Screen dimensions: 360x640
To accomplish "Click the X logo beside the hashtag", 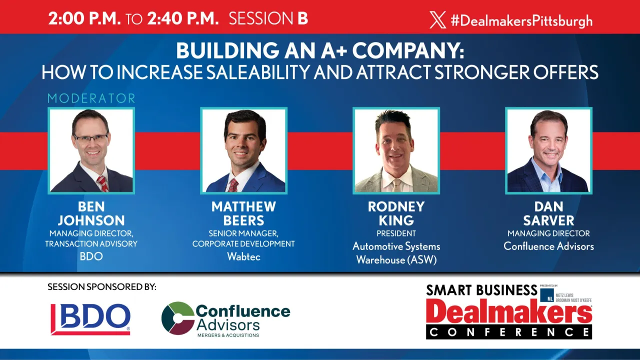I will click(437, 20).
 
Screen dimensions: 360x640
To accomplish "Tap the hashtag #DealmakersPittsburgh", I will click(521, 20).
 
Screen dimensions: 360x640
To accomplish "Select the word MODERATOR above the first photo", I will click(91, 98).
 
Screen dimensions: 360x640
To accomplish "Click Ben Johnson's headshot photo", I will click(91, 150).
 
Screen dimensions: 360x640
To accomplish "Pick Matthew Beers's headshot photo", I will click(243, 150).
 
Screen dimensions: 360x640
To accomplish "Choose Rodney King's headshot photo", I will click(396, 150).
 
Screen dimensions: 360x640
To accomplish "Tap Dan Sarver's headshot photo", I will click(548, 150).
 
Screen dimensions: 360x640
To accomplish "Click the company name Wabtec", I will click(243, 257).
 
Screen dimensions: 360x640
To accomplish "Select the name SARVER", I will click(548, 220).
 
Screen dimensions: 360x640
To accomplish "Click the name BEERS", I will click(243, 220).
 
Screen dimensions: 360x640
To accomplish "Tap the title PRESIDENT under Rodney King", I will click(396, 233).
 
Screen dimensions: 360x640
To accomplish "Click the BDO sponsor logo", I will click(90, 319).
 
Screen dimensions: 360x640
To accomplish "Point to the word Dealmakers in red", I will click(509, 312).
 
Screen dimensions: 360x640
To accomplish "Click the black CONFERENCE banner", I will click(509, 331).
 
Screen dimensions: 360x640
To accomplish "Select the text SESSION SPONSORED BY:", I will click(102, 287).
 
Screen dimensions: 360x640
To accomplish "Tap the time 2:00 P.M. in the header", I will click(84, 18).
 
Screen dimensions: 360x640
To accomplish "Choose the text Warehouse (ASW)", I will click(396, 260).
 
